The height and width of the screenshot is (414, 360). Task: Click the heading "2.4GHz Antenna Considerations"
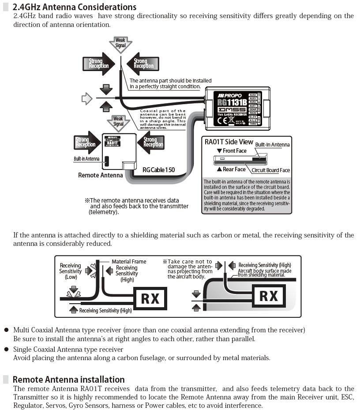point(74,8)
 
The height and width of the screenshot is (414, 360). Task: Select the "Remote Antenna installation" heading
point(68,380)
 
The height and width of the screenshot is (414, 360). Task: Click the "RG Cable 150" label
point(158,170)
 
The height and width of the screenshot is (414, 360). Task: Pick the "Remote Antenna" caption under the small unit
point(101,175)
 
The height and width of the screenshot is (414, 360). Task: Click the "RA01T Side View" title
point(229,142)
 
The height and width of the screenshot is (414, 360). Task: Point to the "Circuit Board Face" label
point(270,170)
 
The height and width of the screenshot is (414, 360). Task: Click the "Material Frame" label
point(128,262)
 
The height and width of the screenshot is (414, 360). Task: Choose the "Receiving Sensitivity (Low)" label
point(71,271)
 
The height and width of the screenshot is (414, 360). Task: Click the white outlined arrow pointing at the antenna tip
point(87,99)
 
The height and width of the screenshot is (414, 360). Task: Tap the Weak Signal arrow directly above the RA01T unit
point(118,121)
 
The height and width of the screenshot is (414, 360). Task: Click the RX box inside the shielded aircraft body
point(269,295)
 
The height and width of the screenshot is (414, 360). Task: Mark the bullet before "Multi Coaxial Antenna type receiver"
point(6,330)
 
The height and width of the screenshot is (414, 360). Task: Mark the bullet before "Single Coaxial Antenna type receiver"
point(6,349)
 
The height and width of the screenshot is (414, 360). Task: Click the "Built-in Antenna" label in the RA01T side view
point(272,145)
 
